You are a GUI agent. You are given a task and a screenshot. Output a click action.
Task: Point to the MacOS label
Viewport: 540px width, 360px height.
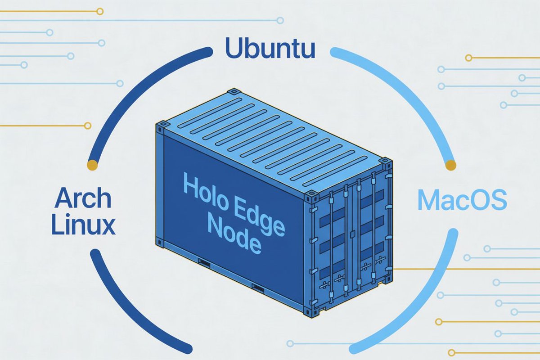[462, 202]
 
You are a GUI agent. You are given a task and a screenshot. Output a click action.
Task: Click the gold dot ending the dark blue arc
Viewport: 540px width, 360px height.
[92, 165]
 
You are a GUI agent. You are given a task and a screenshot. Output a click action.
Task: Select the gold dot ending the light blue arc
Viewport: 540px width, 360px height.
[450, 165]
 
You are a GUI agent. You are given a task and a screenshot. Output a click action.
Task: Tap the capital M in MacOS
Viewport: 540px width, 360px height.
[427, 202]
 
